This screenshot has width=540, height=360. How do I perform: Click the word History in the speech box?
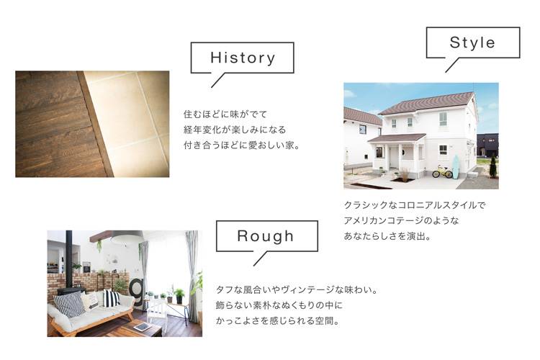243,58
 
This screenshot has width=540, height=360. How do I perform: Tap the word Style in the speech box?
472,42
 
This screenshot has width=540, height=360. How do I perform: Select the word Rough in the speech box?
266,236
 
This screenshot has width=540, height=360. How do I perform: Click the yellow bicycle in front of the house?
442,171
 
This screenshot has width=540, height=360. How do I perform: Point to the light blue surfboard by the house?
456,167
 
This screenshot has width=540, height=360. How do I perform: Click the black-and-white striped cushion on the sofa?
111,298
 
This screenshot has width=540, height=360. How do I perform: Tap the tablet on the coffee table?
142,327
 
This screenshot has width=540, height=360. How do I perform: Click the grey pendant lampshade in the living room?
127,237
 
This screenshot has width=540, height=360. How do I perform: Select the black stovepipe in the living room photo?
69,259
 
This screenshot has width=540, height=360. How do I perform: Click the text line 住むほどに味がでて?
225,114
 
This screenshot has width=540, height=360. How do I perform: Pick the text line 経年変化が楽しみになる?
235,130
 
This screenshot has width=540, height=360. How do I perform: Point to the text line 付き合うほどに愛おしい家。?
242,145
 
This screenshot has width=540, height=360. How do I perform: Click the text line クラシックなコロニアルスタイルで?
414,205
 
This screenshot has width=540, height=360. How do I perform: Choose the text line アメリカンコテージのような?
401,221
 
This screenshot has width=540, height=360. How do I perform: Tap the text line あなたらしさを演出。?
387,236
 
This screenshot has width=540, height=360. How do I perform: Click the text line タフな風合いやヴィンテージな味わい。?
297,289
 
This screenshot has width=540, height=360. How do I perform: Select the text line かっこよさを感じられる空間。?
278,321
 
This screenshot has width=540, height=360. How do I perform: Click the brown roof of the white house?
427,103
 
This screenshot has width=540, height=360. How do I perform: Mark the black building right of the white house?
487,145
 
